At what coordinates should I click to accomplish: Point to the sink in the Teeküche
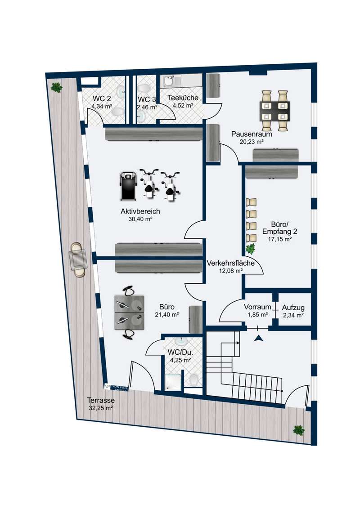169,82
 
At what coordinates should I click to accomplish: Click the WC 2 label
102,98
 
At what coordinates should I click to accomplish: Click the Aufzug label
293,308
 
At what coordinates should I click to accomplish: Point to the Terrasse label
101,400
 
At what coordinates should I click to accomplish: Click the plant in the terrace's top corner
57,87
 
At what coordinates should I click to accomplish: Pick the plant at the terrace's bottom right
298,430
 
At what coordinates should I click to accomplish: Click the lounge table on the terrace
79,259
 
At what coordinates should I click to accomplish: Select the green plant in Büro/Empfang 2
251,248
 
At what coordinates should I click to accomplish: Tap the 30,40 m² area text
140,220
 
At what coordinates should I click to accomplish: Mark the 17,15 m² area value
280,240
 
